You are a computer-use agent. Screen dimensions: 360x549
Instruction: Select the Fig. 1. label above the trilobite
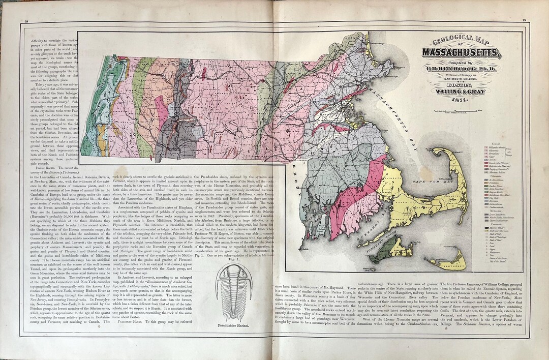(x=235, y=259)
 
